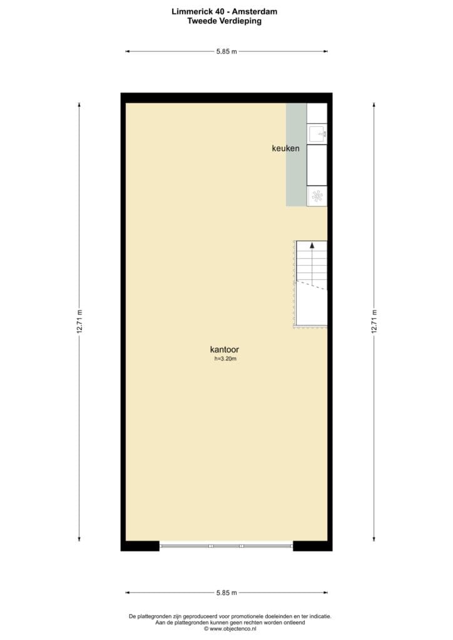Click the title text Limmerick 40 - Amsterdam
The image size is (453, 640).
224,11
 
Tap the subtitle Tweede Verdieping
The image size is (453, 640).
224,21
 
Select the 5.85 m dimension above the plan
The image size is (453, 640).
227,51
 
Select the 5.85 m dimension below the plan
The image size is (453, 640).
227,592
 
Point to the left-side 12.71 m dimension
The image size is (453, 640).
79,322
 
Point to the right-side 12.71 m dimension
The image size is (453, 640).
374,322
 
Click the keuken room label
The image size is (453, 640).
285,149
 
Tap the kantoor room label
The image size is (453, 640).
224,349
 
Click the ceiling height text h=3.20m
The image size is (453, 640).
225,359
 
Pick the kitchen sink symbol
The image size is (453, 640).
317,134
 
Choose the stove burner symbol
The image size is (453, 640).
317,197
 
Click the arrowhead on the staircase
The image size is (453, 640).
312,245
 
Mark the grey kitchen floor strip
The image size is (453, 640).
296,155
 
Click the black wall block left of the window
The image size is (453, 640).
140,546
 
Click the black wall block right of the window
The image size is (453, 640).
312,546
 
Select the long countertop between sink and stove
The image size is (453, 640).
317,165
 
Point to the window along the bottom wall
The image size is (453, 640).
226,546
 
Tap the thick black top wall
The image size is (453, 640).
227,98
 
